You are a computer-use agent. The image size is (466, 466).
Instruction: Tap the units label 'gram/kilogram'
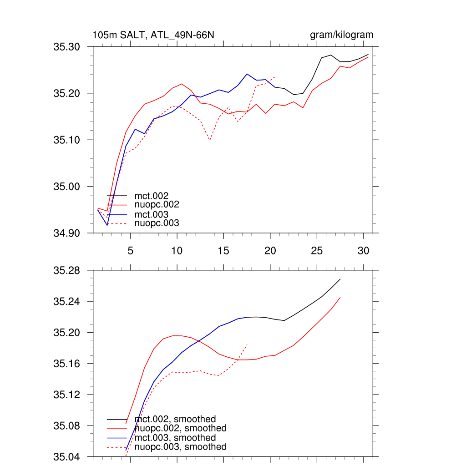click(x=341, y=35)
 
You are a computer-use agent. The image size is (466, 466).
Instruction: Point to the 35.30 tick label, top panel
click(x=66, y=47)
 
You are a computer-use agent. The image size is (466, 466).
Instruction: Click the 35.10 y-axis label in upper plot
click(x=66, y=140)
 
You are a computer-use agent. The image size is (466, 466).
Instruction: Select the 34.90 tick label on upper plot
click(x=66, y=233)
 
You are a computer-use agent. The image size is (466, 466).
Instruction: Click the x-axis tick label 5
click(x=130, y=250)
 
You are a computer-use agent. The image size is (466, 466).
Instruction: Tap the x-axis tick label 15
click(x=223, y=250)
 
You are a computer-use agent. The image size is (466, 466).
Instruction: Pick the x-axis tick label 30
click(x=363, y=250)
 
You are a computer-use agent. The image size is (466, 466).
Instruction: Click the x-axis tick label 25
click(x=316, y=250)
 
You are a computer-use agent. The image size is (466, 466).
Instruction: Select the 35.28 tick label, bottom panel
click(x=66, y=271)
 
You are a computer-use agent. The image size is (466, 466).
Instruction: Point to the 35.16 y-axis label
click(x=66, y=364)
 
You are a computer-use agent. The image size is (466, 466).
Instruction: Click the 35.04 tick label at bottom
click(x=66, y=457)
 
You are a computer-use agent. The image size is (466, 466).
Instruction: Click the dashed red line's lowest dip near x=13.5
click(x=209, y=140)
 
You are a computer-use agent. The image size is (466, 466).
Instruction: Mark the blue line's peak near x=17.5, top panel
click(x=247, y=74)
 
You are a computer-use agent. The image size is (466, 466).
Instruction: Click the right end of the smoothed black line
click(x=340, y=279)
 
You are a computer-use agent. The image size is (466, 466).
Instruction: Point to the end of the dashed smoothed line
click(x=247, y=344)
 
